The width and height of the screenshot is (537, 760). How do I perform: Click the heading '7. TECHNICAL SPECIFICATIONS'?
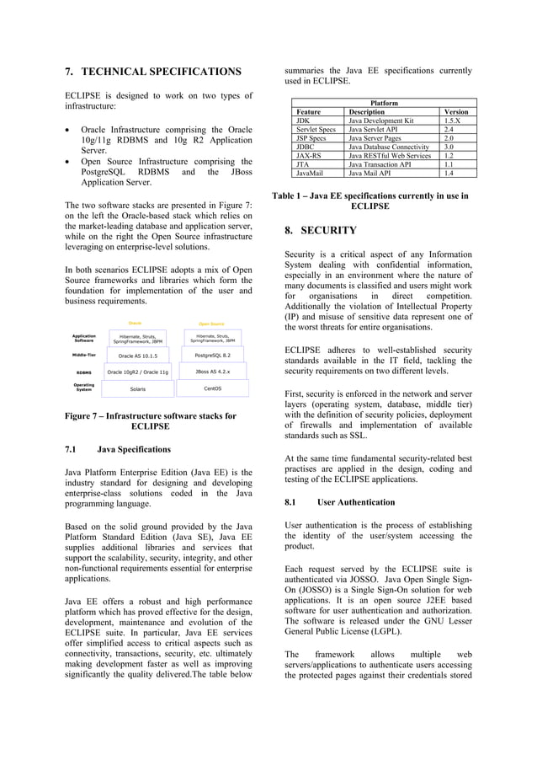coord(153,72)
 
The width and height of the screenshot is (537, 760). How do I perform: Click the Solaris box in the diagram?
coord(137,389)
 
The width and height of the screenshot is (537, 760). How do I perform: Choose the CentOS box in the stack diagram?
coord(213,388)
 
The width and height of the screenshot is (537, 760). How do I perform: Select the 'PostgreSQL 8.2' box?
coord(212,356)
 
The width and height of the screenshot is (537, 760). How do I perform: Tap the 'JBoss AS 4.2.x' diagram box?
coord(212,372)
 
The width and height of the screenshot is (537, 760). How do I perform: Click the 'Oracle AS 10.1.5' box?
coord(138,356)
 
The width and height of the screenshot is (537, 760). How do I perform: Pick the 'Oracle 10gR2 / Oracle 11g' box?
coord(138,372)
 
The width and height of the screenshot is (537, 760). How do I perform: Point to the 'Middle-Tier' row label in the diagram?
coord(83,356)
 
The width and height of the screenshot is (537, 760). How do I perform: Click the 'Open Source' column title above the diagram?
coord(211,323)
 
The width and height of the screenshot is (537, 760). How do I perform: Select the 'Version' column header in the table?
coord(455,111)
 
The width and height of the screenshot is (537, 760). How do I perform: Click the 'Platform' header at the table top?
coord(379,103)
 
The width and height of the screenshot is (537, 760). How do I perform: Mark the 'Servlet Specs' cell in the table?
coord(316,129)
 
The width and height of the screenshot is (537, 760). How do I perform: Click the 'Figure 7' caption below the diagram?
coord(151,420)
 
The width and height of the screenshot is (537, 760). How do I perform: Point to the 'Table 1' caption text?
coord(370,201)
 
